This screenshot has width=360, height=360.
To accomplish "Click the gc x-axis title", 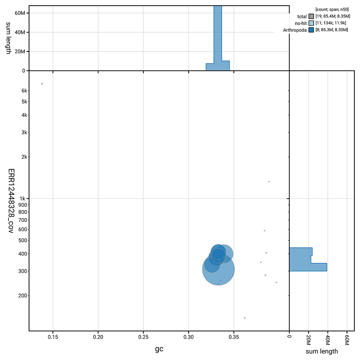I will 159,349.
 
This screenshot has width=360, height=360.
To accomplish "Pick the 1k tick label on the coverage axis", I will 22,199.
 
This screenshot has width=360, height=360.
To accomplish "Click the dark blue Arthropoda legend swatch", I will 311,30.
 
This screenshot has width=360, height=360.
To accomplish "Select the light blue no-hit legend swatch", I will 311,23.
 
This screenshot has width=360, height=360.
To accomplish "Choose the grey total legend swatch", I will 311,17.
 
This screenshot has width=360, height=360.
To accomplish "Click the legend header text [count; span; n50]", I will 332,9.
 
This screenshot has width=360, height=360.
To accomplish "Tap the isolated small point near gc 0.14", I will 42,84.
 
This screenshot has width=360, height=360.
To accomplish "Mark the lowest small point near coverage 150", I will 245,318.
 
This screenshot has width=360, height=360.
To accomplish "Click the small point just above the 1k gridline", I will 269,181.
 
